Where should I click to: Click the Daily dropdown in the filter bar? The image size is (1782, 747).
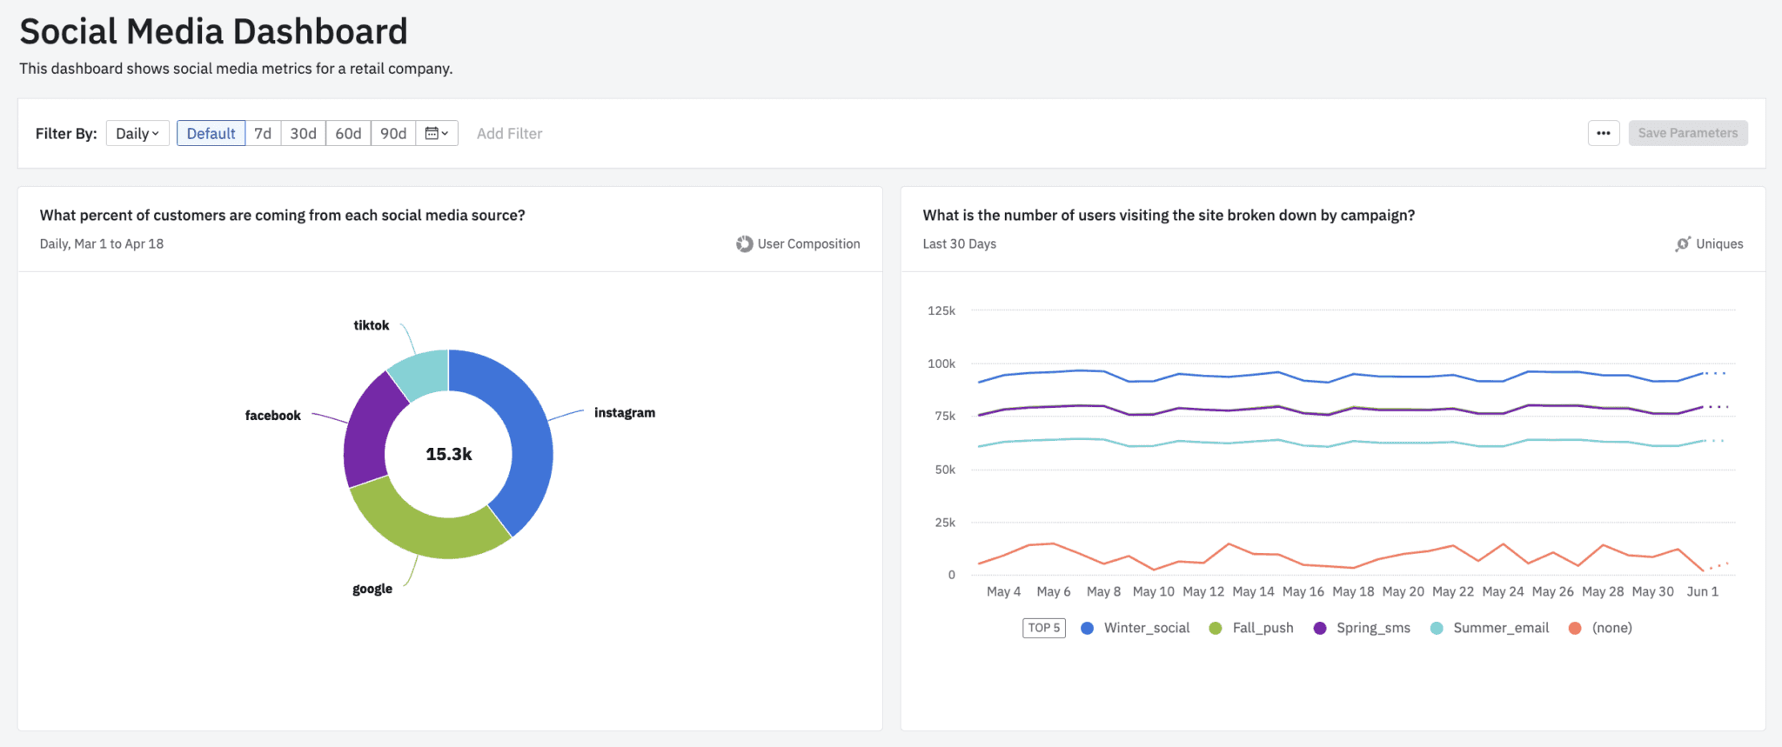coord(137,133)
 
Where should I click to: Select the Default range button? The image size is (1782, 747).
coord(211,133)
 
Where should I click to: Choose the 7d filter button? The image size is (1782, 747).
coord(263,133)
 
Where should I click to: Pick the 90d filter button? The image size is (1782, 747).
coord(393,133)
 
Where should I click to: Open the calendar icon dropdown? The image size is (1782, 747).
coord(437,133)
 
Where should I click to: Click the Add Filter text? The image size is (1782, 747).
coord(509,133)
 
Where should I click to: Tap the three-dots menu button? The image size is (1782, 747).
coord(1603,133)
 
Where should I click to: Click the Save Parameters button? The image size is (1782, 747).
coord(1687,133)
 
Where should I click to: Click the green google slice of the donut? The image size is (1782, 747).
coord(426,530)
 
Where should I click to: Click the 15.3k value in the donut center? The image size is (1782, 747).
coord(448,454)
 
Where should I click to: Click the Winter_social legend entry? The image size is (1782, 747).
coord(1145,628)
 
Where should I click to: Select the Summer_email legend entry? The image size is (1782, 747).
coord(1500,628)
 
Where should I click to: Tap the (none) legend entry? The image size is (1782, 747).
coord(1611,628)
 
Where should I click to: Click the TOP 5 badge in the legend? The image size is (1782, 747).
coord(1044,628)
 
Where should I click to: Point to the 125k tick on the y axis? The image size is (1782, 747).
coord(941,310)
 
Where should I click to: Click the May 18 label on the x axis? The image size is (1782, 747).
coord(1353,591)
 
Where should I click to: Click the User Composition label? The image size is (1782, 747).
coord(807,243)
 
